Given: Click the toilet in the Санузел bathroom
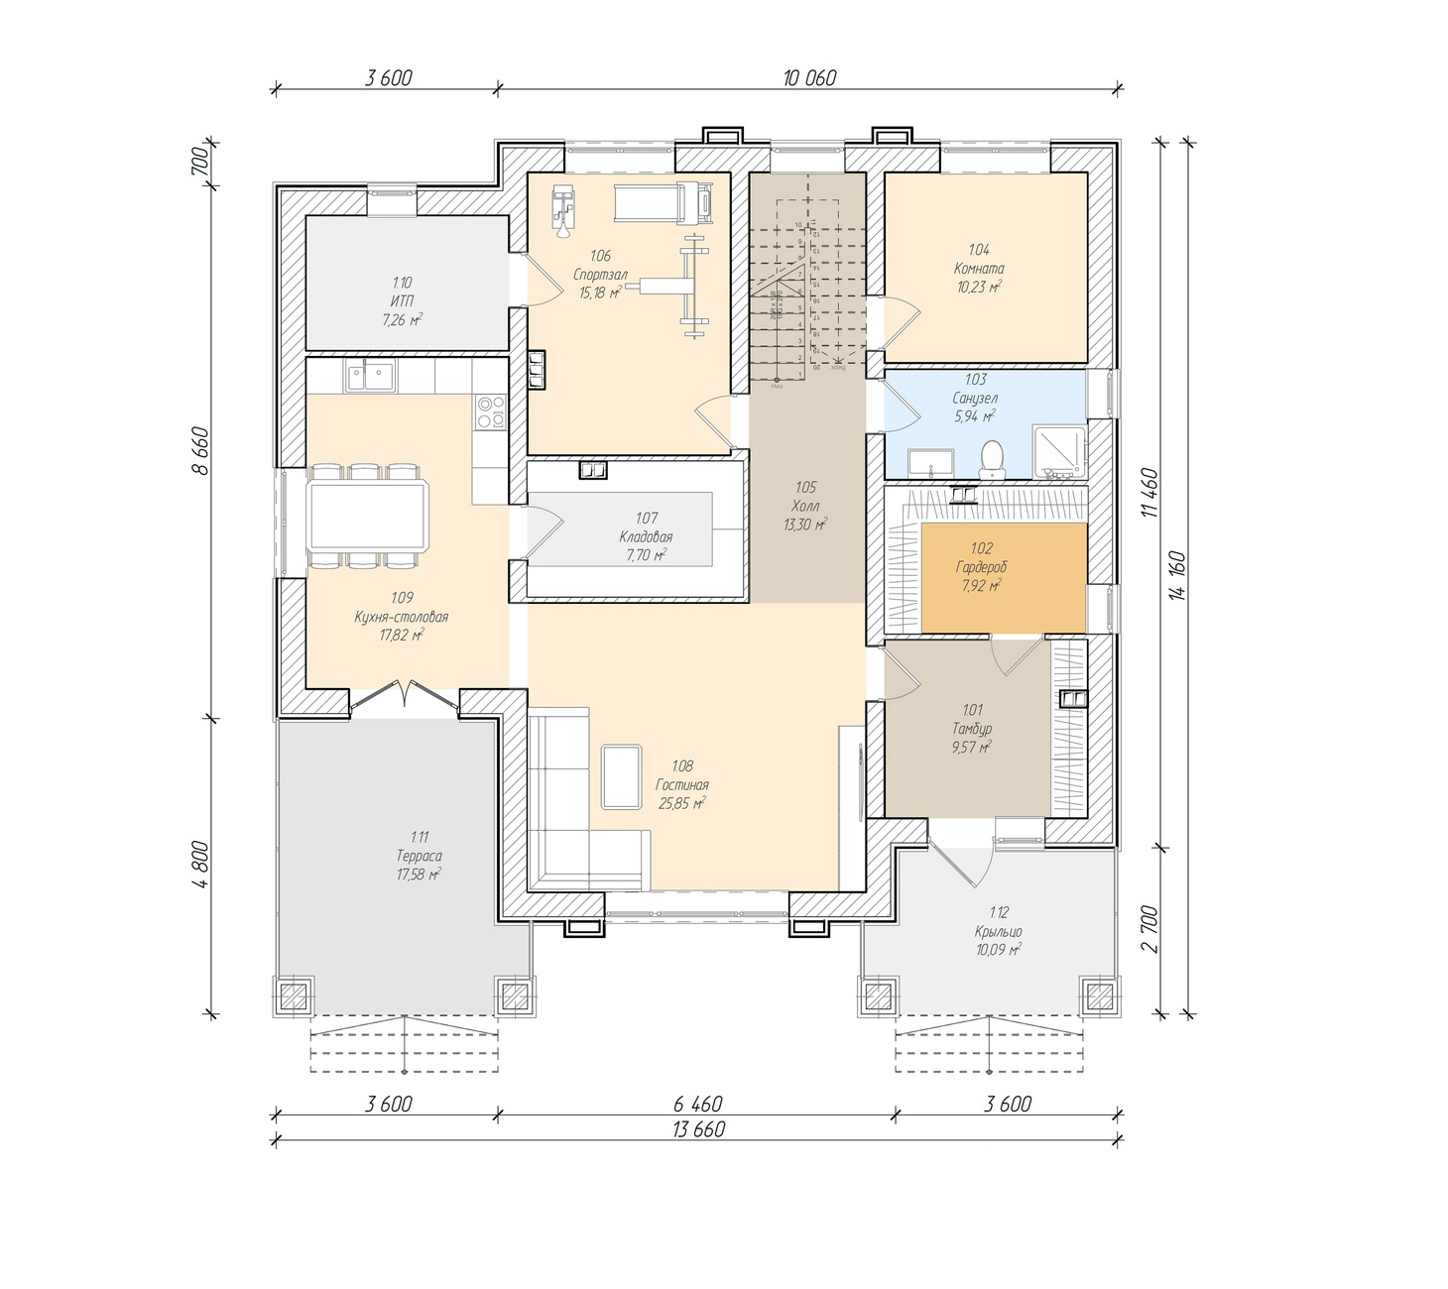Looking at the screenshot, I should tap(992, 458).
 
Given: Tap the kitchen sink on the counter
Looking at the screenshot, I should tap(370, 377).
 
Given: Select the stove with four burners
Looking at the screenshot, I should tap(490, 411).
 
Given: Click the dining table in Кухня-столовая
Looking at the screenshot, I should tap(368, 516).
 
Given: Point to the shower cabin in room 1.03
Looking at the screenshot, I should tap(1059, 450).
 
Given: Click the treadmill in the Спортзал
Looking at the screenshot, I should tap(663, 203).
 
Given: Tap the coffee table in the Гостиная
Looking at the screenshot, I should tap(622, 777).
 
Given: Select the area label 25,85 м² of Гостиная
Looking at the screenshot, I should tap(681, 804).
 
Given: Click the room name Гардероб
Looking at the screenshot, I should tap(981, 567).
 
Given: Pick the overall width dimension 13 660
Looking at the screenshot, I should tap(698, 1129).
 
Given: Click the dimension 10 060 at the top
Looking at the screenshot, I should tap(809, 77).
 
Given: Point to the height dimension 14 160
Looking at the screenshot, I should tap(1177, 576).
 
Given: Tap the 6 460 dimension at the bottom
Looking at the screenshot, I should tap(697, 1104).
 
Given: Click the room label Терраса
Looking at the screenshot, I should tap(419, 856).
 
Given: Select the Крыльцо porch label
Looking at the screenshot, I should tap(998, 931).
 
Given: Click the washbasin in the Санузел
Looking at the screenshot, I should tap(930, 463).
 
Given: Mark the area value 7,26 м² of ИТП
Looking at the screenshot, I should tap(402, 320).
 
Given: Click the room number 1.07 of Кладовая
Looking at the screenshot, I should tap(647, 518).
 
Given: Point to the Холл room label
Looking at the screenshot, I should tap(805, 506).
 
